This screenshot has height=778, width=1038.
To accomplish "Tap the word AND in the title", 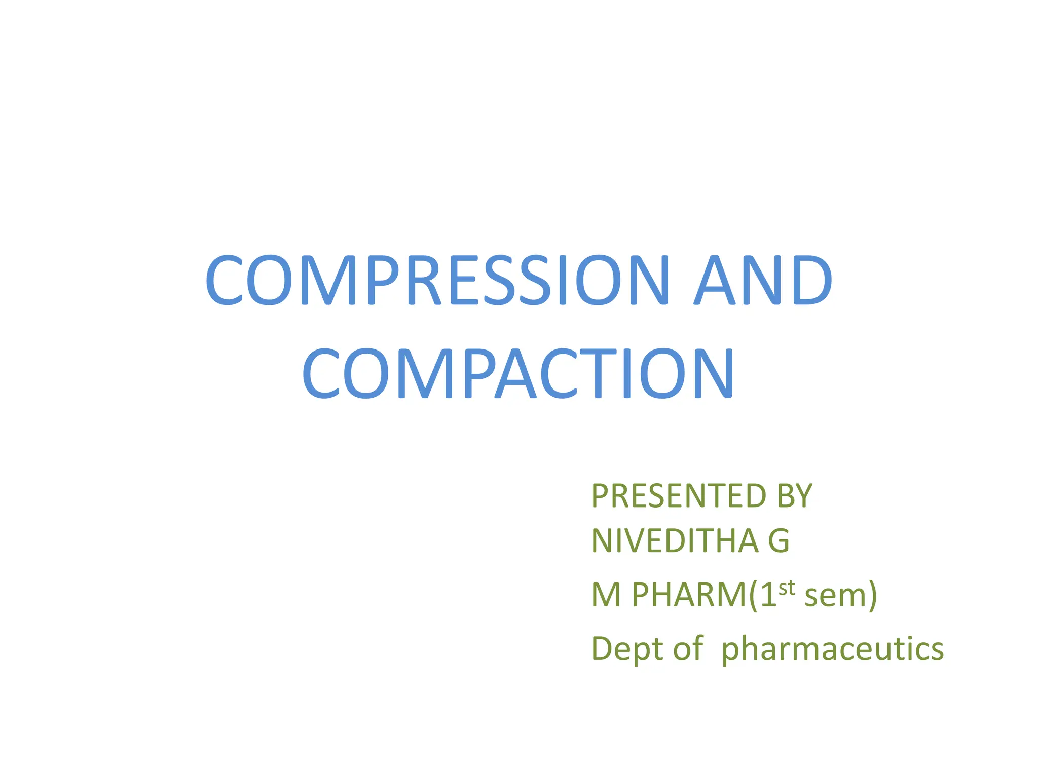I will pyautogui.click(x=763, y=280).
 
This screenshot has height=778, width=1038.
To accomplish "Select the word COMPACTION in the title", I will pyautogui.click(x=518, y=373).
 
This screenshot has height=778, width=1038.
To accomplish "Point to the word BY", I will pyautogui.click(x=794, y=496).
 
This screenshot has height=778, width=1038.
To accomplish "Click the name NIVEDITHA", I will pyautogui.click(x=675, y=541).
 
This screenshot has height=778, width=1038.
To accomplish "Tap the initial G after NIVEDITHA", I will pyautogui.click(x=779, y=541).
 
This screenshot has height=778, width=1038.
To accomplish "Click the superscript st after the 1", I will pyautogui.click(x=787, y=588).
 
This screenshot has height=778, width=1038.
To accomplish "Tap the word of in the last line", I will pyautogui.click(x=688, y=648).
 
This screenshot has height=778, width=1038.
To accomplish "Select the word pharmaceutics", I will pyautogui.click(x=832, y=650).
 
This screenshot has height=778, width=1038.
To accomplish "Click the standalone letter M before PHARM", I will pyautogui.click(x=606, y=595).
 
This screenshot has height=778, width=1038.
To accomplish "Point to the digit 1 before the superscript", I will pyautogui.click(x=768, y=595).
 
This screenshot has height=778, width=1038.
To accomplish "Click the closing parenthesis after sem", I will pyautogui.click(x=873, y=596).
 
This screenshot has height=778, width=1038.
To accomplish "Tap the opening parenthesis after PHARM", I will pyautogui.click(x=753, y=596).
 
